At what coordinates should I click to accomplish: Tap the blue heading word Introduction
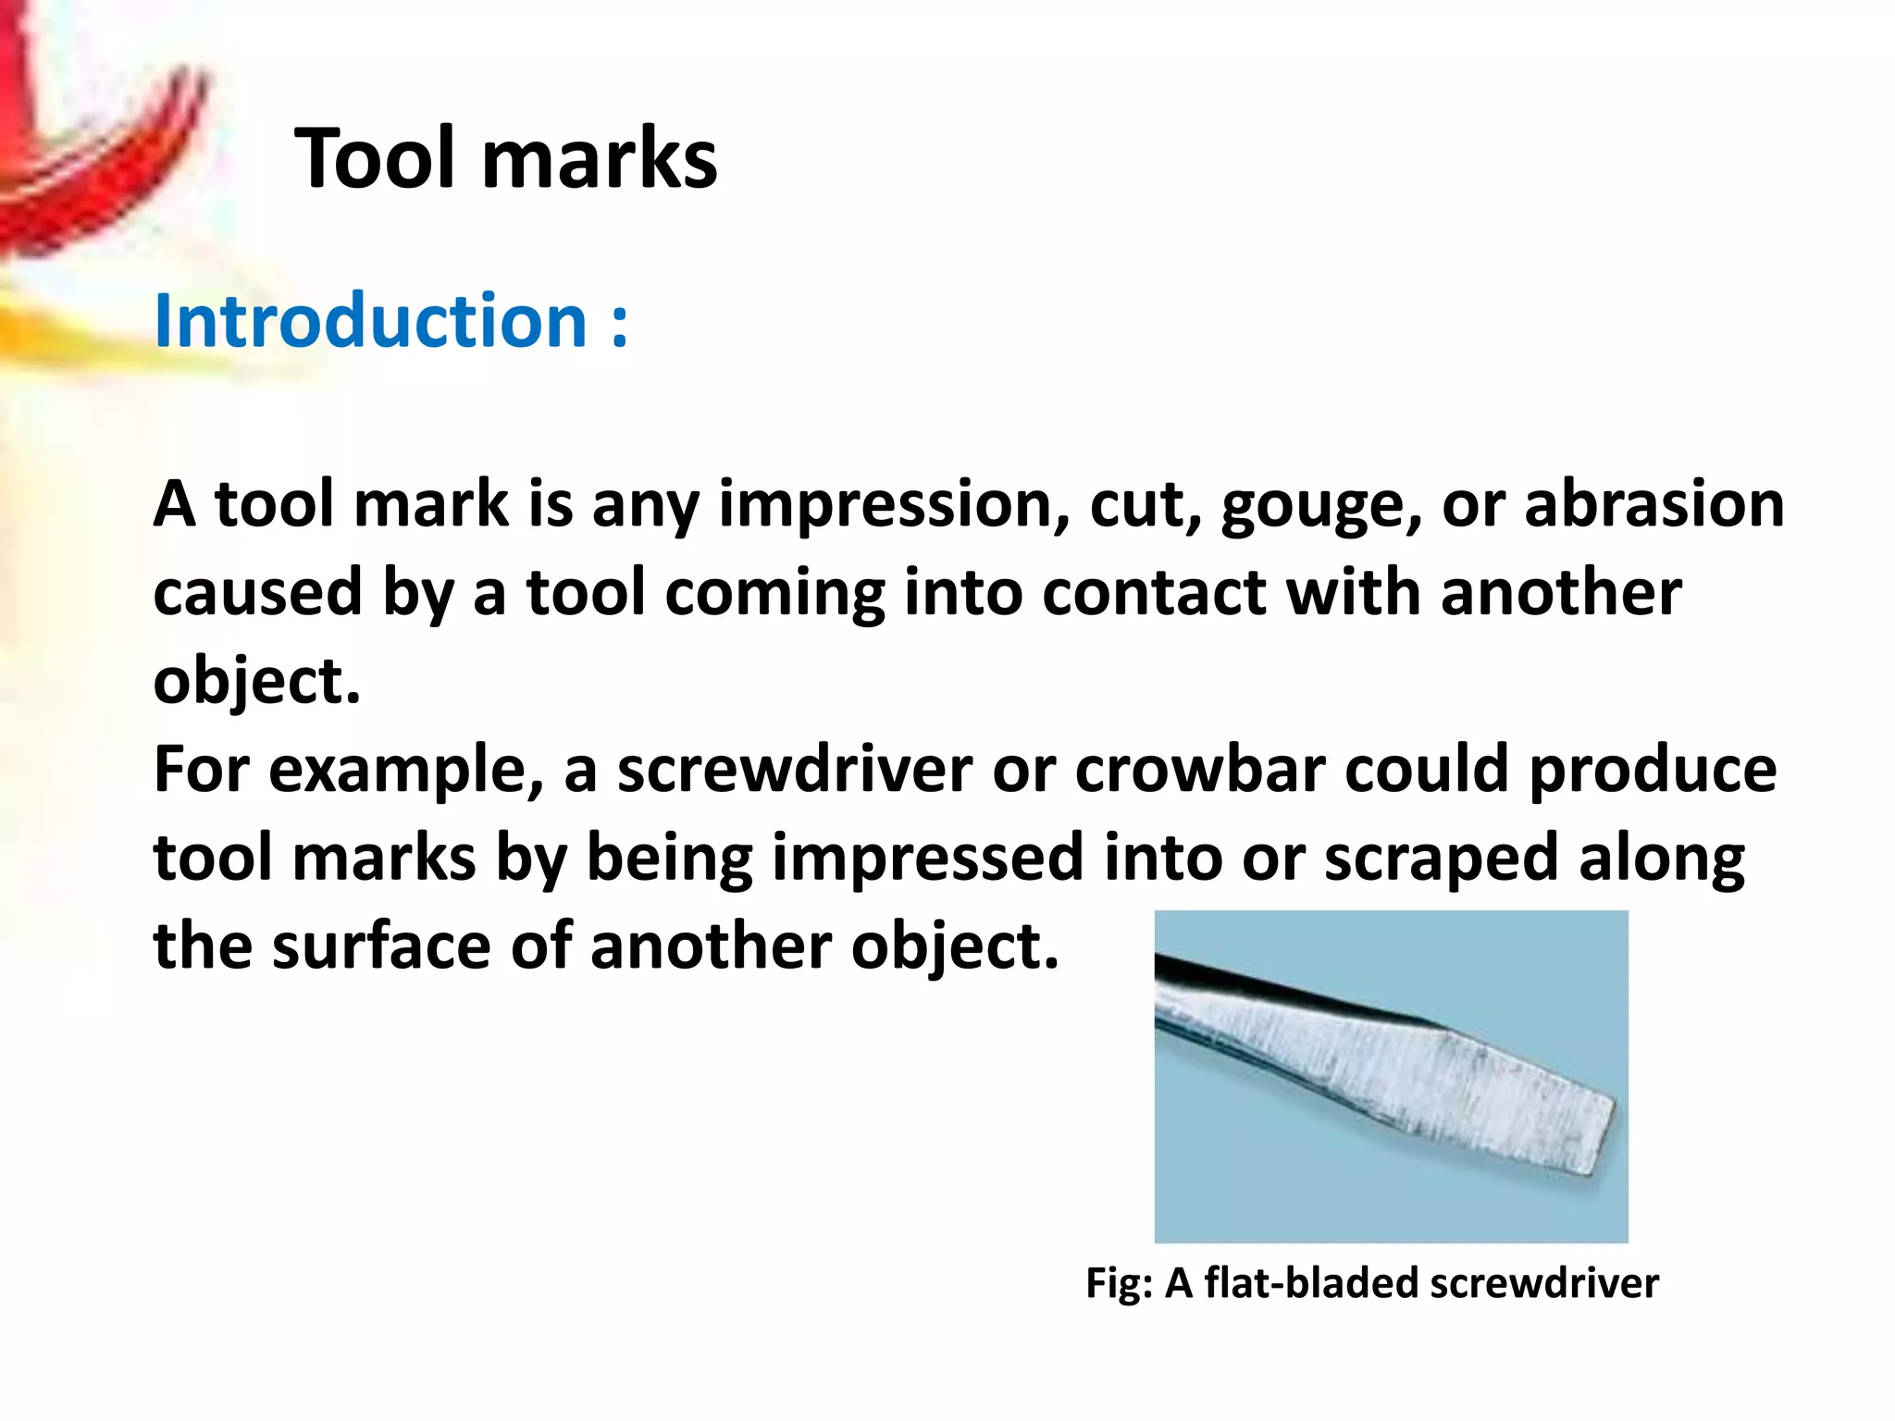click(x=370, y=320)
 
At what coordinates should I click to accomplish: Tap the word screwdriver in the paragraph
click(x=795, y=770)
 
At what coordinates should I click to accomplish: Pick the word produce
click(x=1653, y=772)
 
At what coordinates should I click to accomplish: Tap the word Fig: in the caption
click(x=1119, y=1284)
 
